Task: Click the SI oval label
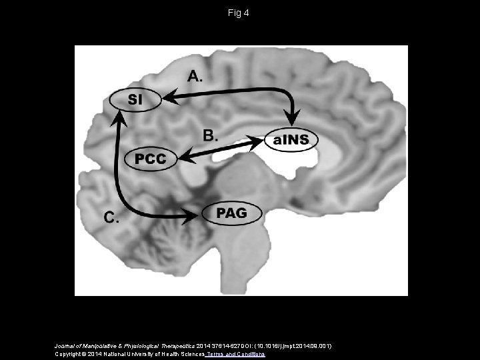[x=135, y=100]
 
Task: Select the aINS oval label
[x=292, y=140]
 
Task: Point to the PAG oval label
[x=232, y=213]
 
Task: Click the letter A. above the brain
[x=195, y=77]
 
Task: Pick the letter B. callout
[x=210, y=135]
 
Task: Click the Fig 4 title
[x=239, y=12]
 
